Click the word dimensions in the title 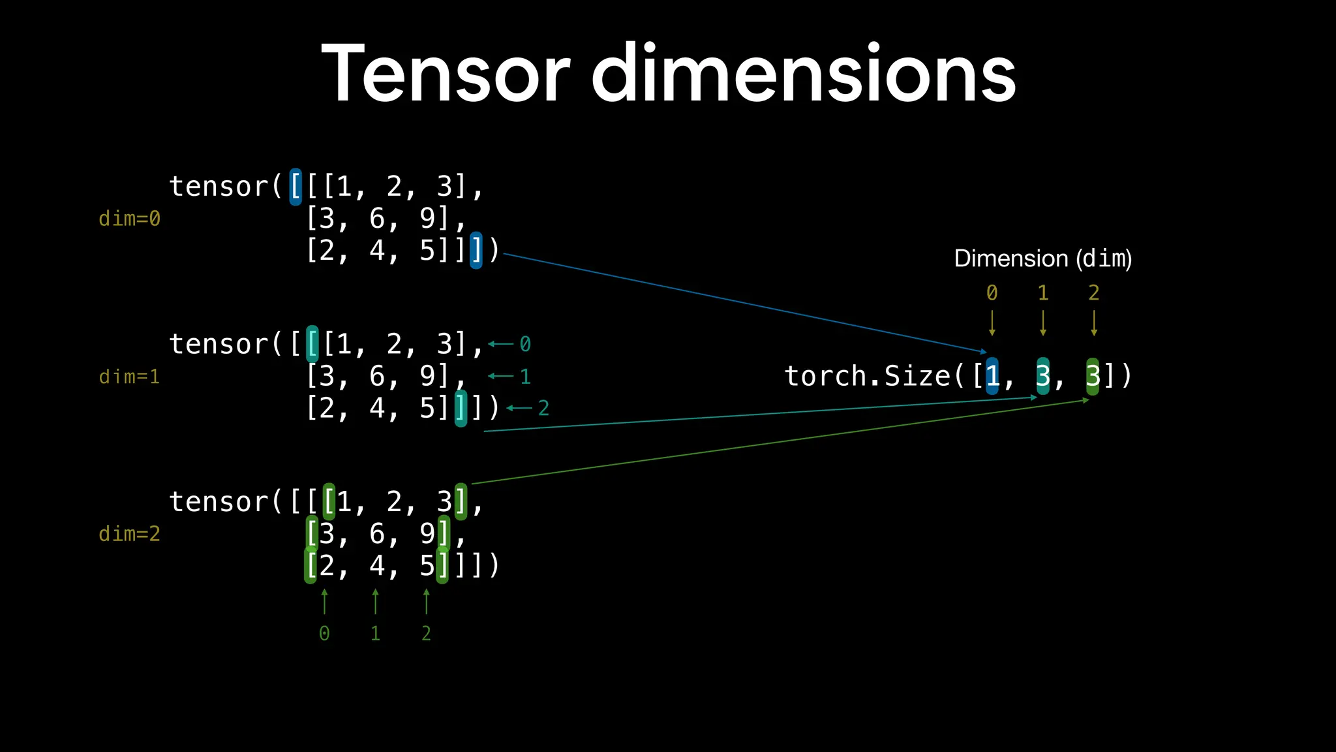click(803, 73)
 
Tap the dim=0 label click(129, 219)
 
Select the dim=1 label click(129, 377)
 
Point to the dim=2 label click(129, 534)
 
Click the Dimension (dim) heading click(1042, 258)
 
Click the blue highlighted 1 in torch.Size click(992, 376)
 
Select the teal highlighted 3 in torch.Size click(1043, 376)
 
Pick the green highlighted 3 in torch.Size click(1093, 376)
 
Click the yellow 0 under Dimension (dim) click(992, 293)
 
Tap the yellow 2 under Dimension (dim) click(1094, 293)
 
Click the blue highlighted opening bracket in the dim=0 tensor click(296, 187)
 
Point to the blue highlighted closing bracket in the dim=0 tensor click(476, 250)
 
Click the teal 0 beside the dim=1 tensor click(525, 344)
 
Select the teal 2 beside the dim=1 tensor click(543, 409)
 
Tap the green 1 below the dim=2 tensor click(375, 633)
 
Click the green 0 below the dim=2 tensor click(324, 633)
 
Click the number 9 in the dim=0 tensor click(427, 218)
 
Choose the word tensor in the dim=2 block click(219, 502)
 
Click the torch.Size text click(868, 376)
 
